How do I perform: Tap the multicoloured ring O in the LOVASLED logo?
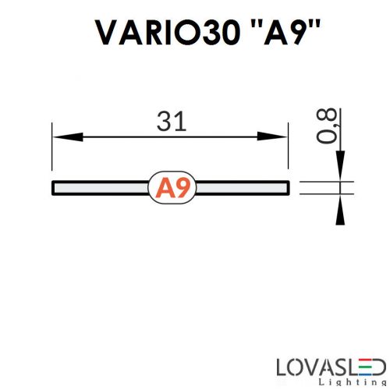302,365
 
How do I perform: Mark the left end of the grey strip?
54,187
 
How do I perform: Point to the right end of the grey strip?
287,187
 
